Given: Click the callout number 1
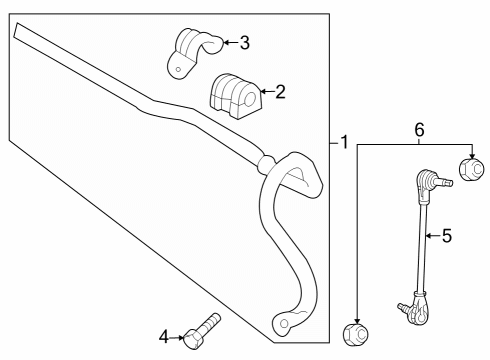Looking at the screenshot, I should point(344,143).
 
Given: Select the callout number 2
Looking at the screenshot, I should point(280,93).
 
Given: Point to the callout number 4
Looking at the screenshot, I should point(165,336).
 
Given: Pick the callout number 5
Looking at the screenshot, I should point(446,236).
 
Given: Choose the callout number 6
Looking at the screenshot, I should point(419,129).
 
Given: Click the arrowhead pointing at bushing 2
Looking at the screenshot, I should point(261,93).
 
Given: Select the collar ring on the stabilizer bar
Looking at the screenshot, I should point(266,162).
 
